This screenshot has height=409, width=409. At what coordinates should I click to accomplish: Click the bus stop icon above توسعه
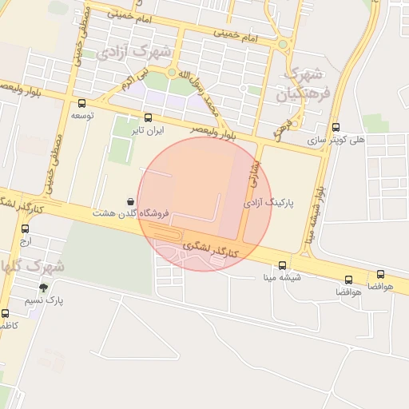pos(81,103)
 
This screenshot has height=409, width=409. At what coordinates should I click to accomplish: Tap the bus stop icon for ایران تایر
pos(148,117)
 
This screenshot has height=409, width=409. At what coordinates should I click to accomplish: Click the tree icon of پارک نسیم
pos(43,288)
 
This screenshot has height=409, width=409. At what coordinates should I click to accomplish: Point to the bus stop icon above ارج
pos(26,228)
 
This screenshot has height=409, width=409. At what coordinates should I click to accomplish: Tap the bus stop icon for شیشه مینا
pos(283,265)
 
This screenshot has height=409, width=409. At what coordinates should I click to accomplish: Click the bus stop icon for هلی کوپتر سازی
pos(336,127)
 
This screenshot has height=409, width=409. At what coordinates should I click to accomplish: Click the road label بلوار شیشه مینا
pos(318,212)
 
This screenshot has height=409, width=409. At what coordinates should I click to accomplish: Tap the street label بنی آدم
pos(133,79)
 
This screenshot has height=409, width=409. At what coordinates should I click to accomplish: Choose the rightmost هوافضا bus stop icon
pos(380,274)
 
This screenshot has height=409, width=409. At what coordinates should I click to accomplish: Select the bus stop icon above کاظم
pos(6,313)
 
